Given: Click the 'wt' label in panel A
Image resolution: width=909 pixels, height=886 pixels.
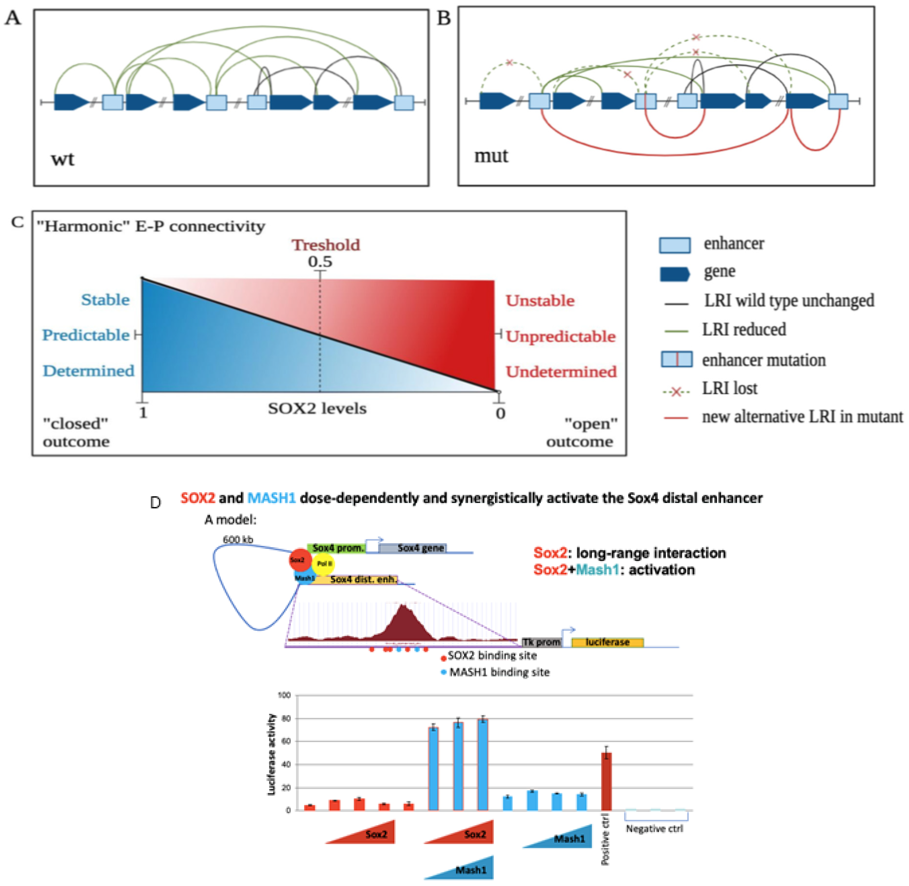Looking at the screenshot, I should [62, 159].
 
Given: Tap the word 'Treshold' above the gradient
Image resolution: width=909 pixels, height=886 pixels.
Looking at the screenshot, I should [326, 245].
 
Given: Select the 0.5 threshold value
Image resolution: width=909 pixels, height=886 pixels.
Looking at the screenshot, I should [320, 261].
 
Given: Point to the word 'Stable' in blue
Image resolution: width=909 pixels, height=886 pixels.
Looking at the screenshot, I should [105, 300].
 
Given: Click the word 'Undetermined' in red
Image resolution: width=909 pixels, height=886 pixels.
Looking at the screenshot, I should [561, 371].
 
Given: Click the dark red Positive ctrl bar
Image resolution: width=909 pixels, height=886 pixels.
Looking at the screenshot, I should [606, 782].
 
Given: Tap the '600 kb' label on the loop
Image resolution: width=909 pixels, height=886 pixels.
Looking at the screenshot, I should [238, 539].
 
